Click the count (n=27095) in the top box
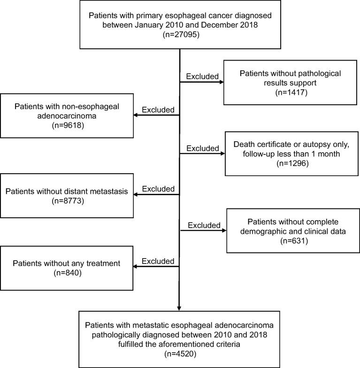click(180, 34)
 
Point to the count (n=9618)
click(68, 126)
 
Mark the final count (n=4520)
click(180, 354)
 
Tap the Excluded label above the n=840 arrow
click(158, 261)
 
